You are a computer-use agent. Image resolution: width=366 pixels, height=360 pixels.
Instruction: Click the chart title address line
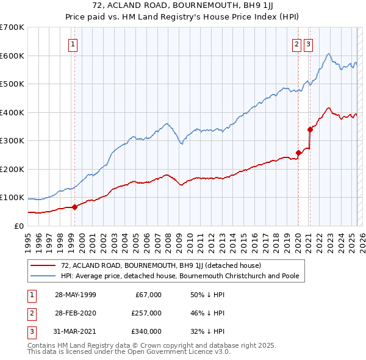183,5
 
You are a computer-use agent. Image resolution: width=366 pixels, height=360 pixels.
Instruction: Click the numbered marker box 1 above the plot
73,43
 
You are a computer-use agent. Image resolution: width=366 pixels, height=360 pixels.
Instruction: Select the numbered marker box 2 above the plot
296,43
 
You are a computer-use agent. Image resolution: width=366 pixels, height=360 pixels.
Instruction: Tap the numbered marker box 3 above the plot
308,43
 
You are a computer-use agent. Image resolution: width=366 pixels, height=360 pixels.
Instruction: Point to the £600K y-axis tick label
12,56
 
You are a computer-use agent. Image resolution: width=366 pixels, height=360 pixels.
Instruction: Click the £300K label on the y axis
12,141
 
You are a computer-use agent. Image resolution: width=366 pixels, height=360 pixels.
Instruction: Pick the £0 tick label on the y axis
20,226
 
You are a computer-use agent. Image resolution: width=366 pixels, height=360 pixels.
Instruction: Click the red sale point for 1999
75,207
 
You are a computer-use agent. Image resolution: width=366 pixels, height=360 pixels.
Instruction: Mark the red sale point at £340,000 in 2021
310,129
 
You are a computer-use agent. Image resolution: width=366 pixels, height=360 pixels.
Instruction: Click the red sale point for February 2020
298,153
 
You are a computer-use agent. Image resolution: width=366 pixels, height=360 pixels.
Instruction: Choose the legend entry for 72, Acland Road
160,266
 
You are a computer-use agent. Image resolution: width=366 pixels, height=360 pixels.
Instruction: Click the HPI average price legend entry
180,276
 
